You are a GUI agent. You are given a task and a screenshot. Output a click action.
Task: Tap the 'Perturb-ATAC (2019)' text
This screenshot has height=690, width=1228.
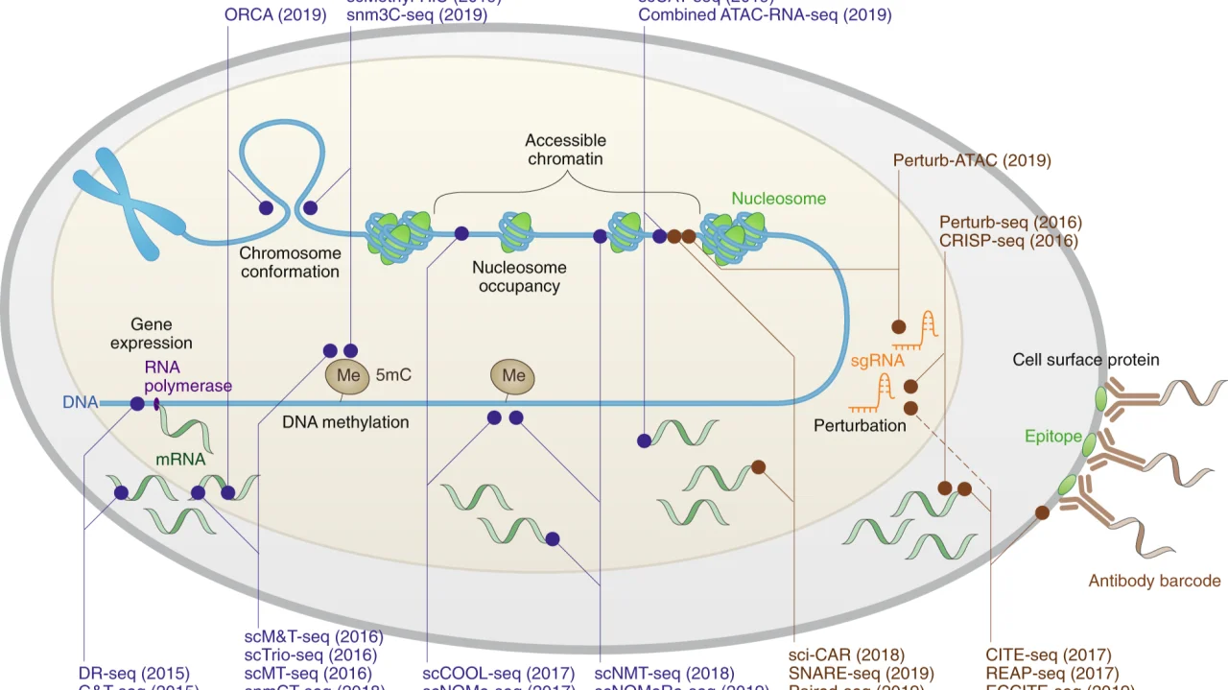tap(972, 160)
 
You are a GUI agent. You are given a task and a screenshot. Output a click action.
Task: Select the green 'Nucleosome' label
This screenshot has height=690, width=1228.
tap(778, 199)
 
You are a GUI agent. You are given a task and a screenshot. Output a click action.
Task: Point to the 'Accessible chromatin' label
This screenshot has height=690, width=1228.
tap(565, 149)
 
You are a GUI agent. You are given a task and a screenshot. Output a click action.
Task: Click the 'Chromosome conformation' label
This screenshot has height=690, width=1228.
tap(290, 262)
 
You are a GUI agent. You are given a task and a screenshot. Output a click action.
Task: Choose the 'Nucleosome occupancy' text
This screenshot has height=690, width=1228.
tap(519, 276)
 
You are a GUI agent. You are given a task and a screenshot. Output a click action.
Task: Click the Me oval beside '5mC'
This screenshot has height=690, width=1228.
tap(348, 375)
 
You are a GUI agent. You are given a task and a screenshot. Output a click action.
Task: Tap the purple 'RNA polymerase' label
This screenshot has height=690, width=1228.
tap(188, 376)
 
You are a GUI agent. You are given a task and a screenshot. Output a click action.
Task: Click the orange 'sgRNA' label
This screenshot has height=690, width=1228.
tap(877, 362)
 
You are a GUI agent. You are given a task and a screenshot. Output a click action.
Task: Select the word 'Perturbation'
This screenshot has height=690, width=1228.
tap(860, 424)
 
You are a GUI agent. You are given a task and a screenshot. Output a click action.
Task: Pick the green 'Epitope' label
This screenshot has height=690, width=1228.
tap(1052, 437)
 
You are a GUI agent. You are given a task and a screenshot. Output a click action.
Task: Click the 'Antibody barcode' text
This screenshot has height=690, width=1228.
tap(1154, 581)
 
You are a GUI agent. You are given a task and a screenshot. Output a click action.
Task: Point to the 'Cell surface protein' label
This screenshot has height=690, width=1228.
tap(1086, 360)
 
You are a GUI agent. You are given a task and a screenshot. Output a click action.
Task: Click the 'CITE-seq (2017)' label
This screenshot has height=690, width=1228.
tap(1048, 655)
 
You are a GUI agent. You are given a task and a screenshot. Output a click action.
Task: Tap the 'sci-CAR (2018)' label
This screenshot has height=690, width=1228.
tap(846, 655)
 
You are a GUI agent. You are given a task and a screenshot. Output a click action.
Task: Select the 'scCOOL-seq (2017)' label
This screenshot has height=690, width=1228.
tap(499, 674)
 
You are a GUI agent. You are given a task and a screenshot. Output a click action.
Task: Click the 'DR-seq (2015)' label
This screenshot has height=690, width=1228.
tap(134, 674)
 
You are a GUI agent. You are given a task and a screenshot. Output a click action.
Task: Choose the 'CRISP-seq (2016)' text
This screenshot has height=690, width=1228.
tap(1008, 241)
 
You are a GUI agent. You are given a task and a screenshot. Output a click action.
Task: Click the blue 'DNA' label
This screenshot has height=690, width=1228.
tap(81, 403)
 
